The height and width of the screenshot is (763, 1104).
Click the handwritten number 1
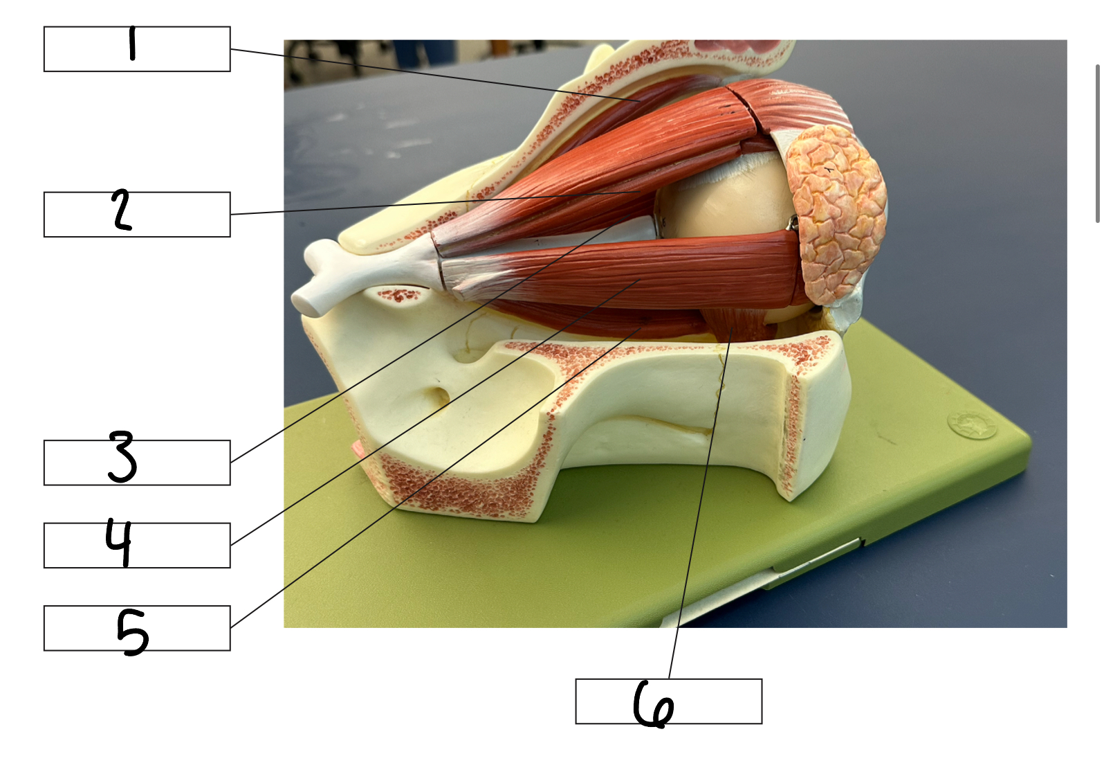pos(131,44)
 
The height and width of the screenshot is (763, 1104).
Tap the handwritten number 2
pos(122,210)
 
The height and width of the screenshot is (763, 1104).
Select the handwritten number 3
pos(122,457)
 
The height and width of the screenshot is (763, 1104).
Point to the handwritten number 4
pos(119,543)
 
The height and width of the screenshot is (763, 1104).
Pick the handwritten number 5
pos(133,632)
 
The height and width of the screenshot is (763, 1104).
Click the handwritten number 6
pos(654,704)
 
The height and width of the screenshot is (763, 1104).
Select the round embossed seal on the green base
pos(971,424)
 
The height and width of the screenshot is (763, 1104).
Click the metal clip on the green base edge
pos(813,557)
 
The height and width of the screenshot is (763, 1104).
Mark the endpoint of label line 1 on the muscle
pos(641,101)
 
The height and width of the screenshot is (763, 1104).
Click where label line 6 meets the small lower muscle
pos(733,327)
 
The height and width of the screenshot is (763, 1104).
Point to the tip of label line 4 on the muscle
pos(641,280)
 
